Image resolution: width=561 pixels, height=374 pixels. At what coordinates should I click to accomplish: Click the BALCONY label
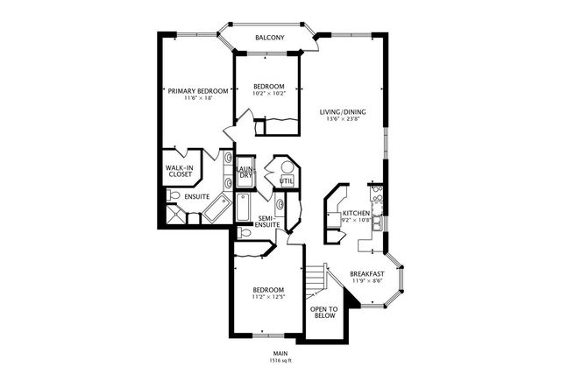click(x=270, y=38)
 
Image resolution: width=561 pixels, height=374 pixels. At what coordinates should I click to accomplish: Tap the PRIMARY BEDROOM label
click(x=199, y=90)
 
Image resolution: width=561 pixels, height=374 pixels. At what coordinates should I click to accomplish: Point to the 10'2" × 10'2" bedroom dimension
click(x=269, y=93)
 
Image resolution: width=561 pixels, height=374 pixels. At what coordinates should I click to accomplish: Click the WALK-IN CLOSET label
click(x=181, y=171)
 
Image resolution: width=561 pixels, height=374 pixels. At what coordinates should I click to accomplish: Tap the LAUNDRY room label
click(x=246, y=173)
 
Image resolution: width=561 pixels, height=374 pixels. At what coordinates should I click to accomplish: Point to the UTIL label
click(x=286, y=181)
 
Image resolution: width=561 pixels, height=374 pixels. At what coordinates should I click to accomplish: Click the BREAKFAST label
click(x=368, y=273)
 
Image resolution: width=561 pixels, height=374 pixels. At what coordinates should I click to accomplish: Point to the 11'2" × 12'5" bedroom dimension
click(x=268, y=296)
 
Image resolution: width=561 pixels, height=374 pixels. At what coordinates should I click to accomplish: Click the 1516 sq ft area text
click(x=280, y=359)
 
